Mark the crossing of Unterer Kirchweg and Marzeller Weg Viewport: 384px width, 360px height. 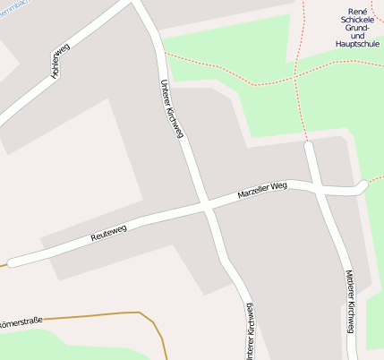coord(207,205)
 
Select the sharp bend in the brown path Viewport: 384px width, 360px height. coord(141,313)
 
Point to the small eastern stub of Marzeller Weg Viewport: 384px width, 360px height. coord(360,185)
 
